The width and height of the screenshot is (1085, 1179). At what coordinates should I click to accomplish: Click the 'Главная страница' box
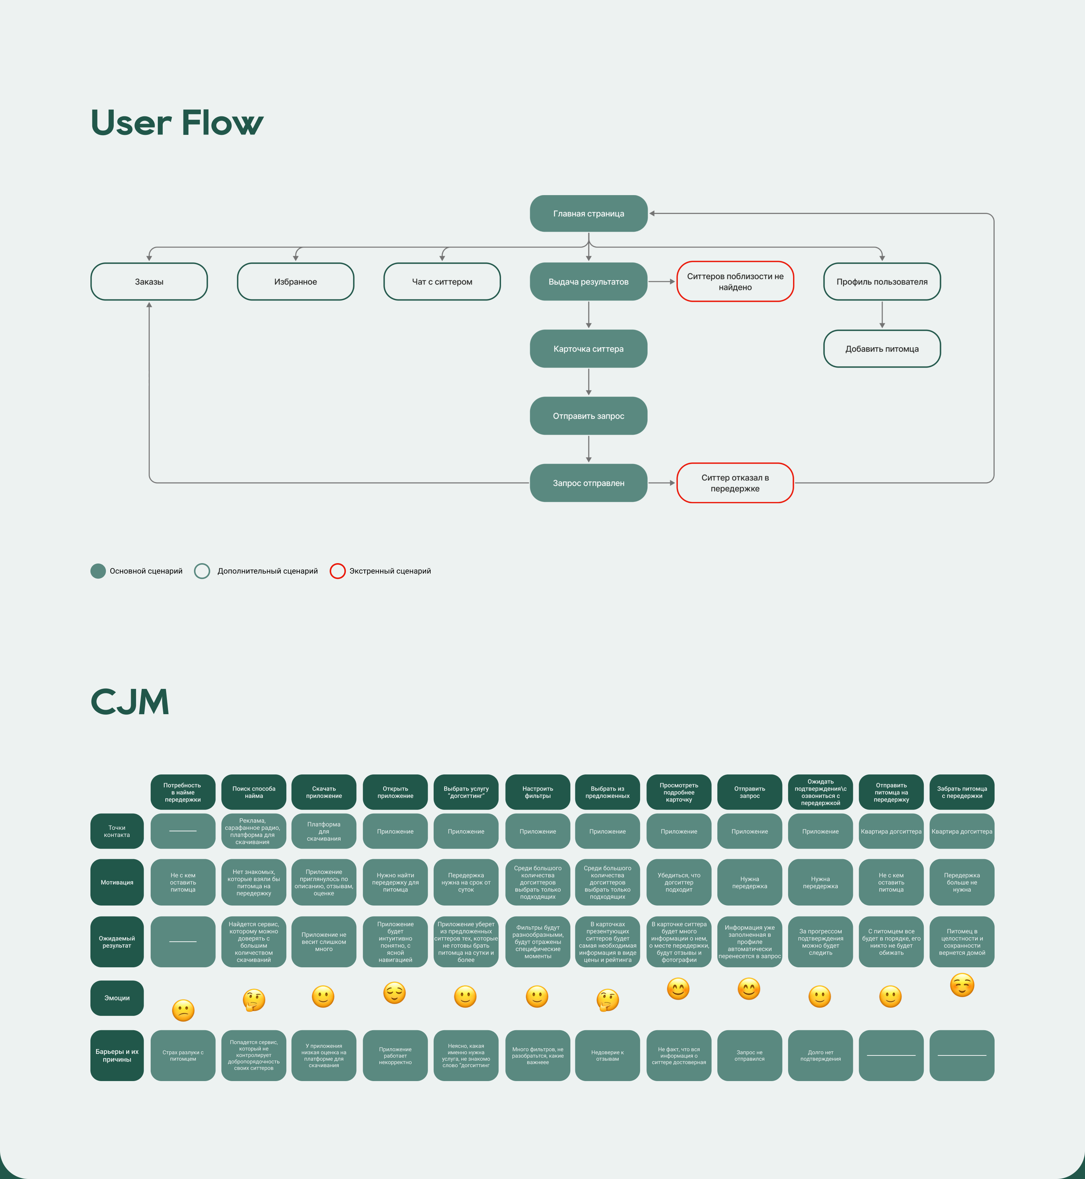click(x=588, y=214)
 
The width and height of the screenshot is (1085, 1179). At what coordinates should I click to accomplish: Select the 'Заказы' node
click(x=149, y=282)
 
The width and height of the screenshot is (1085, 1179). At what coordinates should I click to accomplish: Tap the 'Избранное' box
click(x=295, y=282)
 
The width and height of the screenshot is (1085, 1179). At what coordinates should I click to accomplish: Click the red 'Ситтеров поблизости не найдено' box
click(x=735, y=282)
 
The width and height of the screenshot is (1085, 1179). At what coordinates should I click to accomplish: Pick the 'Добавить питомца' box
click(x=882, y=349)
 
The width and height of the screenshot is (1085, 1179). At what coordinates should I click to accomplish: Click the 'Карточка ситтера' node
click(x=588, y=349)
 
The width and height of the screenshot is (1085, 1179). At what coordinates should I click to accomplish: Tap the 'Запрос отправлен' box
click(x=588, y=483)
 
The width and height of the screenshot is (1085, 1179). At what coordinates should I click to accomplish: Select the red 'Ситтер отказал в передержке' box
click(x=735, y=483)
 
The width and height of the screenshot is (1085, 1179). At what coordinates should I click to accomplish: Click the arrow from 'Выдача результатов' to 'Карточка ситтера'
click(x=589, y=315)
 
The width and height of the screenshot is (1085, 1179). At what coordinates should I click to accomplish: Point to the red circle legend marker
click(x=338, y=571)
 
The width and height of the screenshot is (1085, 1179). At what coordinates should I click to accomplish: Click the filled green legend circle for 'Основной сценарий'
click(x=98, y=571)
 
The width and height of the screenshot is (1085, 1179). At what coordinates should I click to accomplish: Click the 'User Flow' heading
click(x=177, y=123)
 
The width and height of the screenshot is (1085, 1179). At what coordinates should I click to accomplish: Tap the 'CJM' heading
click(x=130, y=702)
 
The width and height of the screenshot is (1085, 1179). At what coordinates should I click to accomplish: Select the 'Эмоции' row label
click(x=117, y=998)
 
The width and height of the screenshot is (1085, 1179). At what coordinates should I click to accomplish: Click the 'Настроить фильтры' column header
click(x=537, y=793)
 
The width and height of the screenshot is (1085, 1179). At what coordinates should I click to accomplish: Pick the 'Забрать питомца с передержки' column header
click(x=962, y=793)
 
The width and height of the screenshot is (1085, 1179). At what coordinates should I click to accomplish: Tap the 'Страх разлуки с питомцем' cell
click(x=183, y=1056)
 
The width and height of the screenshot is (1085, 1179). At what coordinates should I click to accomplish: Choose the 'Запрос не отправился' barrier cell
click(x=749, y=1056)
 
